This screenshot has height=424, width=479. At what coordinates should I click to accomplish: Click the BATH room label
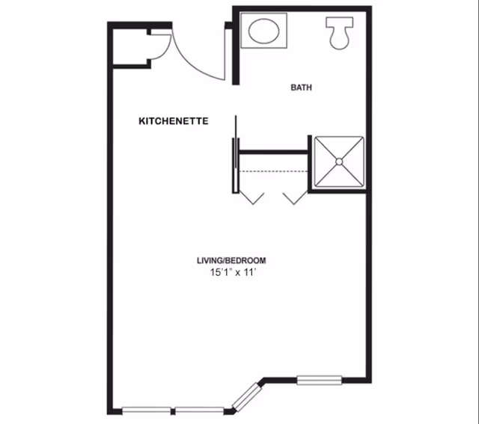[x=302, y=87]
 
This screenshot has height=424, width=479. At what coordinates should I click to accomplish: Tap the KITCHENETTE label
[x=174, y=120]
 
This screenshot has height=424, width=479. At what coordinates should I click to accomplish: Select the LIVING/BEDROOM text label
[x=231, y=260]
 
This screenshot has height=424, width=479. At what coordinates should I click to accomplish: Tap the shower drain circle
[x=339, y=161]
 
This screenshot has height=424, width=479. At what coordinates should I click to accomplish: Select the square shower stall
[x=339, y=161]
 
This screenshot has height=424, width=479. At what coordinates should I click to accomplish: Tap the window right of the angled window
[x=319, y=380]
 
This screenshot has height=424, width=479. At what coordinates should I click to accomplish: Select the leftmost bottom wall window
[x=146, y=410]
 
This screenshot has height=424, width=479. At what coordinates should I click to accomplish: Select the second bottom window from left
[x=199, y=410]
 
